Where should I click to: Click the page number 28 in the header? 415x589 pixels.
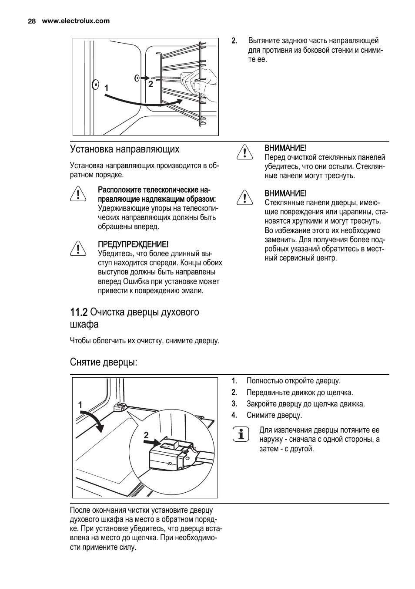click(x=31, y=21)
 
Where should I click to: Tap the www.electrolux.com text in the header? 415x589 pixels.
click(x=76, y=21)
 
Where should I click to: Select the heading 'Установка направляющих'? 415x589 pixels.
click(x=124, y=149)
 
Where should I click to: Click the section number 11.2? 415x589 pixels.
click(x=78, y=312)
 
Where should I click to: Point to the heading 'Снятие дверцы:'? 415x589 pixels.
click(x=104, y=362)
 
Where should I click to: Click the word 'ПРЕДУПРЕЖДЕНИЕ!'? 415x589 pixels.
click(x=133, y=244)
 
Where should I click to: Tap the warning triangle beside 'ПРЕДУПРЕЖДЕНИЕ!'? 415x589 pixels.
click(x=78, y=248)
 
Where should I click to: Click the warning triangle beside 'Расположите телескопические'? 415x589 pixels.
click(x=78, y=193)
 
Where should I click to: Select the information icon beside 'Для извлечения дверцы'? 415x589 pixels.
click(x=241, y=434)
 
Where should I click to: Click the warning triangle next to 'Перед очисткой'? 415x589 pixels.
click(x=245, y=152)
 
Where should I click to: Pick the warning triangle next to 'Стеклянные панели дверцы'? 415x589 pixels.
click(x=245, y=197)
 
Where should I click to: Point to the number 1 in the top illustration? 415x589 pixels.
click(x=106, y=88)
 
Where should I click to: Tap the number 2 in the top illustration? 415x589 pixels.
click(x=151, y=85)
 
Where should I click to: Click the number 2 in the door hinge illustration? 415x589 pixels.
click(x=146, y=435)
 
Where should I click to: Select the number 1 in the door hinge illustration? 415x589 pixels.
click(x=80, y=405)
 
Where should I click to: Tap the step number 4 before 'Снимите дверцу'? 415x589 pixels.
click(x=234, y=415)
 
